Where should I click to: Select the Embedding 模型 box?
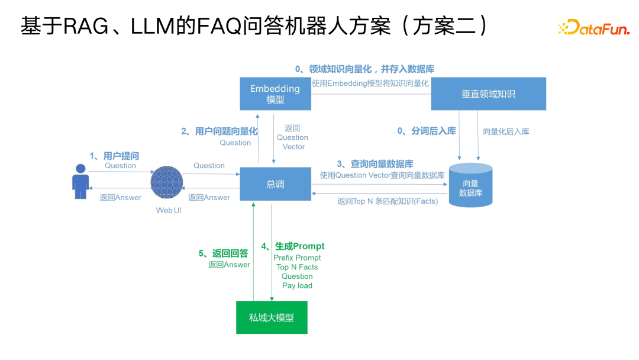coord(275,94)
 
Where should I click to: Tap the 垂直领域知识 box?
coord(488,94)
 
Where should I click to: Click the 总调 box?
coord(275,184)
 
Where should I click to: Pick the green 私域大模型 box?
coord(272,317)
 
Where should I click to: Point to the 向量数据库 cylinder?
coord(470,185)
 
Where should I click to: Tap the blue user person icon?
coord(80,181)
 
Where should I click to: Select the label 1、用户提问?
coord(114,156)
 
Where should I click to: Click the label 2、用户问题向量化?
coord(220,131)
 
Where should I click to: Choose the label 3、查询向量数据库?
coord(375,164)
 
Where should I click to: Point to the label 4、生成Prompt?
coord(293,246)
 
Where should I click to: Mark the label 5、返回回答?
coord(223,253)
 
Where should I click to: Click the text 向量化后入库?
coord(506,131)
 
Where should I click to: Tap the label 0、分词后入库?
coord(427,131)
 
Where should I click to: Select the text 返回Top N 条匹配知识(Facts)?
coord(388,201)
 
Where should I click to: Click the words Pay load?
coord(297,285)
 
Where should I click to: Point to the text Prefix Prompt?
coord(297,258)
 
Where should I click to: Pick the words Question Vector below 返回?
coord(292,142)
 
